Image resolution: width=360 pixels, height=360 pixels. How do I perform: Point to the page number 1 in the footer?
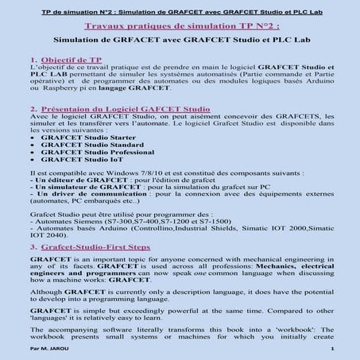[331, 349]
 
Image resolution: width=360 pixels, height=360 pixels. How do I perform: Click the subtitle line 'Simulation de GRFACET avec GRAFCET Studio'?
[180, 38]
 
